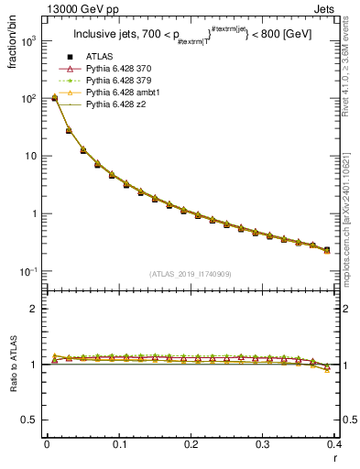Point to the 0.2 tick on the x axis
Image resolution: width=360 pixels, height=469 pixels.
[x=190, y=445]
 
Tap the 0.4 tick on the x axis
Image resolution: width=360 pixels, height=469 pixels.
[x=333, y=445]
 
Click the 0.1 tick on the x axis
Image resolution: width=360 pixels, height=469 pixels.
[x=118, y=445]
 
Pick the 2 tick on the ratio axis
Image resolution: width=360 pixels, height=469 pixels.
[x=34, y=310]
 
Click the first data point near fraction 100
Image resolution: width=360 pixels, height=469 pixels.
[x=54, y=97]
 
